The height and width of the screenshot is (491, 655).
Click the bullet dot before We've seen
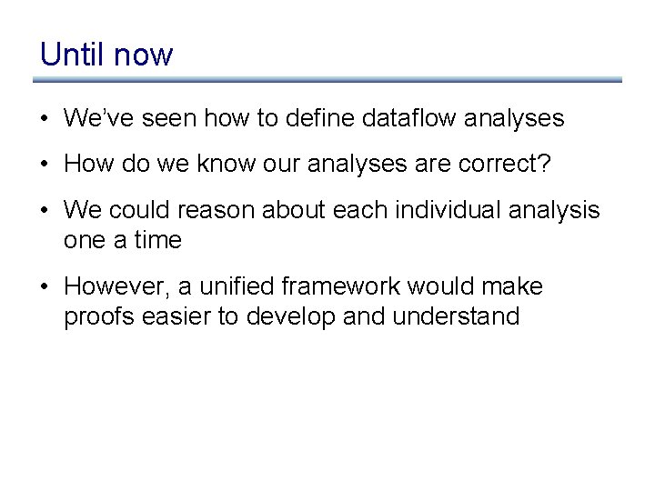pos(45,119)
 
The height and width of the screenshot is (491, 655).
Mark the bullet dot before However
pos(45,287)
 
